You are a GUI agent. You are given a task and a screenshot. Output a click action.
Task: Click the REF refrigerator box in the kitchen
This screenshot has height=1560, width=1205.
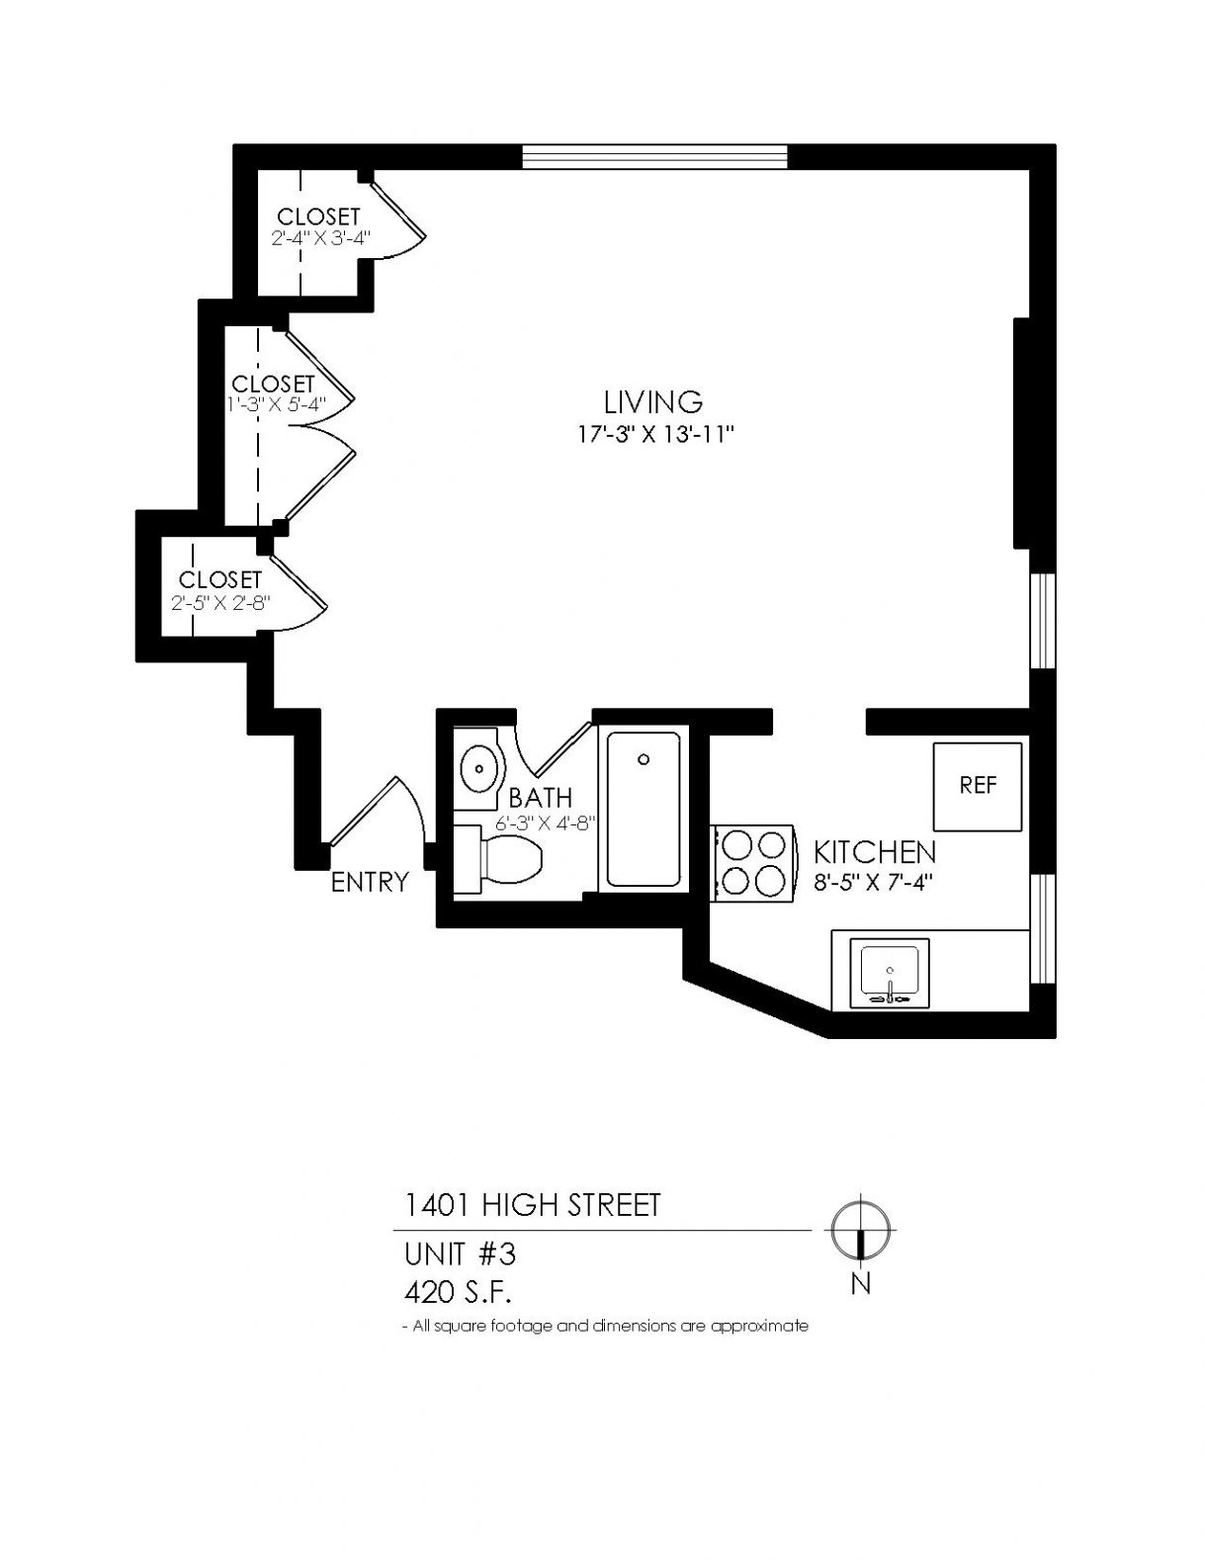[x=977, y=787]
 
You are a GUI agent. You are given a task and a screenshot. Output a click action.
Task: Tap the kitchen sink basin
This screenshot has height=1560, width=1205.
[x=890, y=974]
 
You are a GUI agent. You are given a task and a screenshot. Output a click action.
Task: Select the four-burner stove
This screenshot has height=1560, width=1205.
[x=753, y=862]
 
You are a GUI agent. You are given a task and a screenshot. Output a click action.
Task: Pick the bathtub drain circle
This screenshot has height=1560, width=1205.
[x=644, y=759]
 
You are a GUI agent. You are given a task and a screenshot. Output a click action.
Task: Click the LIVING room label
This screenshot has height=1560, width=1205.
[x=653, y=402]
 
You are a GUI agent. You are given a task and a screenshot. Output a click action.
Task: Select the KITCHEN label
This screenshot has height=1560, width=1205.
[x=875, y=852]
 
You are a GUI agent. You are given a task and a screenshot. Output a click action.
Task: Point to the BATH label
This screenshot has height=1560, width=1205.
[x=541, y=797]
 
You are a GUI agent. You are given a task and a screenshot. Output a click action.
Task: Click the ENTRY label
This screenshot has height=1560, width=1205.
[x=370, y=882]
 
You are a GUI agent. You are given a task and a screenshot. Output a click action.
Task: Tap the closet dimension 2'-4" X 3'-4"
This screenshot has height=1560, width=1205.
[x=319, y=237]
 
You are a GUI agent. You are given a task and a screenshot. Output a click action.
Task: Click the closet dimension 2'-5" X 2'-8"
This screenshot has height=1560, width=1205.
[x=220, y=602]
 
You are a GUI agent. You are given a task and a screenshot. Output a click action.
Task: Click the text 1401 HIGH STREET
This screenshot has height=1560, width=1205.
[x=533, y=1205]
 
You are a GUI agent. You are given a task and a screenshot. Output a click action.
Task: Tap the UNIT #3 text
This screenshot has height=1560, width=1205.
[x=460, y=1255]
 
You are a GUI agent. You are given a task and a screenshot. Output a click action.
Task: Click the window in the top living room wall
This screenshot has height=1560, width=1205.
[x=654, y=156]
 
